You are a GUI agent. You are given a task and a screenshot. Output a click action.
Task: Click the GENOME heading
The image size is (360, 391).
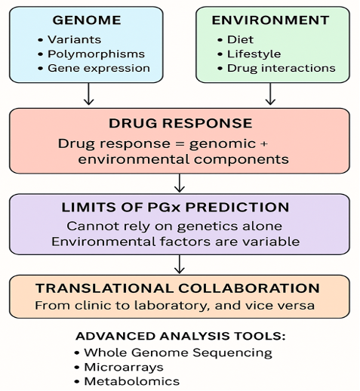[87, 20]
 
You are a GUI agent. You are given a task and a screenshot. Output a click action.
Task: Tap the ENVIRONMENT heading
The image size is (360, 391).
[270, 20]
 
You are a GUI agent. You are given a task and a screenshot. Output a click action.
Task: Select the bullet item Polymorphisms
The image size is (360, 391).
[97, 54]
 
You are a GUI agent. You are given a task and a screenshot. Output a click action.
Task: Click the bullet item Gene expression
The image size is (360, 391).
[99, 69]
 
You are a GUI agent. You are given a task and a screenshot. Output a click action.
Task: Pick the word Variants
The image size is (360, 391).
[75, 39]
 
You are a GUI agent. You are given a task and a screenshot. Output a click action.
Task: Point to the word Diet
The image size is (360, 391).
[240, 39]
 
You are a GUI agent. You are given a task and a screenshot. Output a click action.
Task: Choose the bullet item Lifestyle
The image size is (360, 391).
[254, 54]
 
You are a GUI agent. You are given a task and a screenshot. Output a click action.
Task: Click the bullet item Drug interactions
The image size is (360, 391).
[282, 69]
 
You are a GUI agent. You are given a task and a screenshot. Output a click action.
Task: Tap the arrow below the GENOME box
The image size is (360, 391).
[88, 94]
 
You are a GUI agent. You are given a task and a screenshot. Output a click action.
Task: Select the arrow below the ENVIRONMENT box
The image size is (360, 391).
[270, 94]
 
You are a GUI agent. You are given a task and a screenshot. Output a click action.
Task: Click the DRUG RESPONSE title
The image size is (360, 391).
[180, 123]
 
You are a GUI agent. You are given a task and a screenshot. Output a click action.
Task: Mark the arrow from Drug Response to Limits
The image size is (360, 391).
[180, 183]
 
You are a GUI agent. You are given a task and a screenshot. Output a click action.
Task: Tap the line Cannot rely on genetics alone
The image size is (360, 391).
[174, 226]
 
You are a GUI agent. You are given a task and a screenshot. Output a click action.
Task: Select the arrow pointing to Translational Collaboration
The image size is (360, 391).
[180, 264]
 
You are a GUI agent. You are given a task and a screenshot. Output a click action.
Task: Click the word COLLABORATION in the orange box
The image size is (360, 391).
[249, 288]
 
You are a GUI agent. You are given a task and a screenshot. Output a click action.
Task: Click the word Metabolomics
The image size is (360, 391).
[132, 381]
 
